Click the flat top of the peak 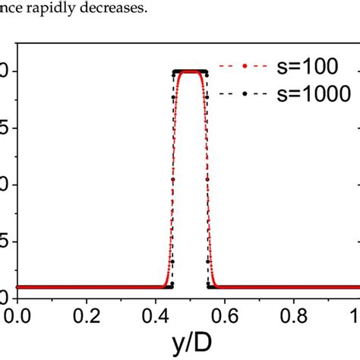(189, 71)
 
